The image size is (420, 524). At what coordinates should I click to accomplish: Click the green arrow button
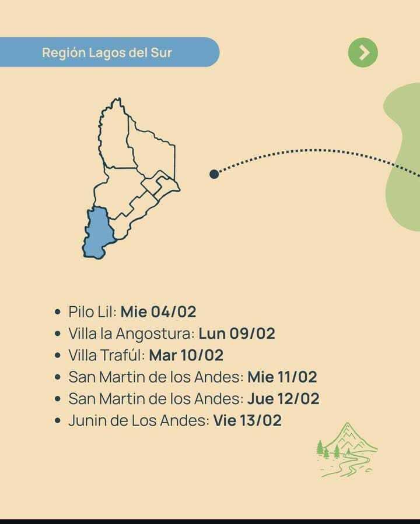tap(363, 53)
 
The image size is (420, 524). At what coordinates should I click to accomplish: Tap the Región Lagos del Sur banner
tap(108, 52)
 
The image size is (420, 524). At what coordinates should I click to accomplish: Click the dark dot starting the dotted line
tap(214, 174)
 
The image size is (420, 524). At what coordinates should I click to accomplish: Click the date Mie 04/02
tap(159, 311)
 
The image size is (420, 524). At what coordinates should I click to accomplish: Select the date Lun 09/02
tap(236, 334)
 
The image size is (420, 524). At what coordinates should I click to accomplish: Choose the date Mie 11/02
tap(282, 377)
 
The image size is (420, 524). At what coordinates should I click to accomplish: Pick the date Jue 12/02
tap(283, 399)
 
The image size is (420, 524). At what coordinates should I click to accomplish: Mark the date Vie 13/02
tap(247, 420)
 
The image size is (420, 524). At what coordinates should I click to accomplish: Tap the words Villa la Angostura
tap(131, 334)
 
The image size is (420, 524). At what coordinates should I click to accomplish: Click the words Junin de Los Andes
tap(137, 420)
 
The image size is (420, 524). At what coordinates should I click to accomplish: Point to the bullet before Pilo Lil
tap(57, 312)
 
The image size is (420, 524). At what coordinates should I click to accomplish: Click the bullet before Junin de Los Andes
tap(57, 421)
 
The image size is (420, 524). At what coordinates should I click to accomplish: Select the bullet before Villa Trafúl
tap(57, 356)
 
